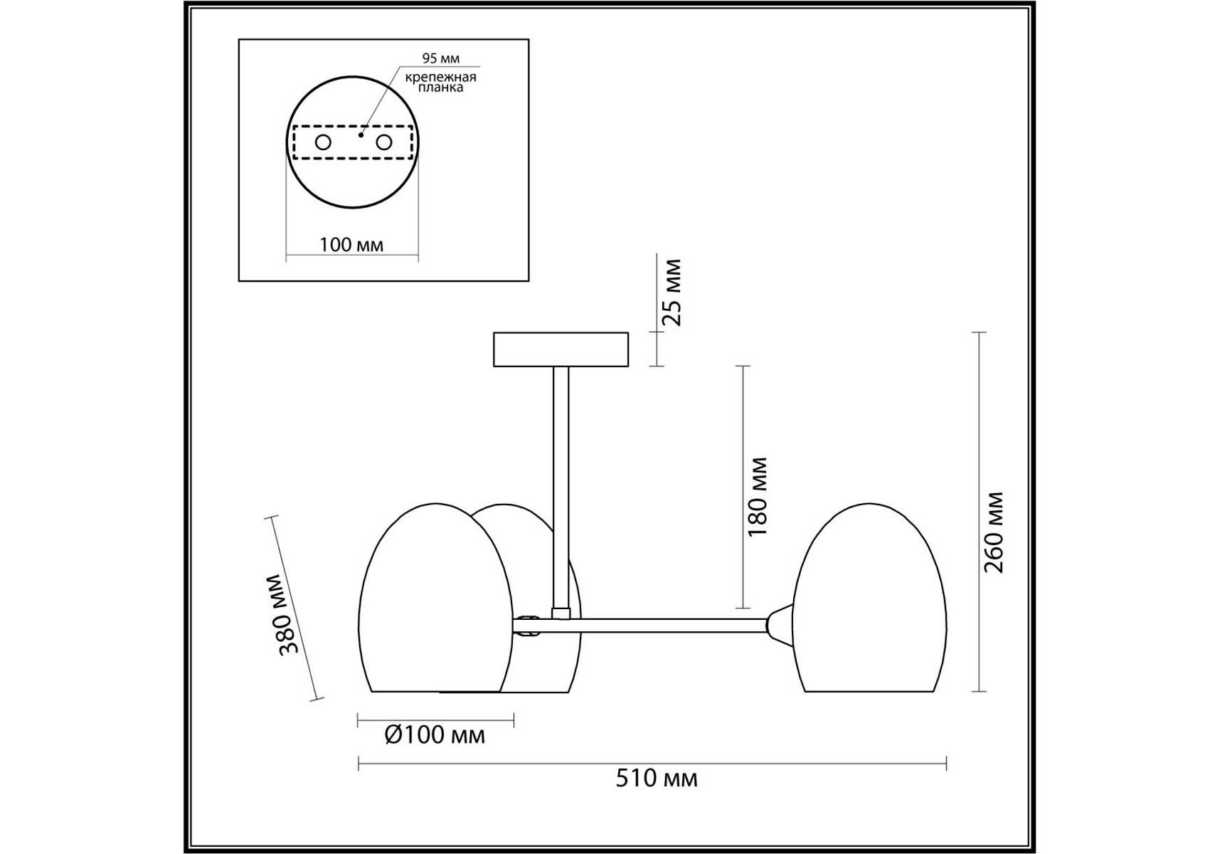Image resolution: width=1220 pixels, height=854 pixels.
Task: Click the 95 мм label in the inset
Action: (440, 58)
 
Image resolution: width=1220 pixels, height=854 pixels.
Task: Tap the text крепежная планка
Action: (440, 82)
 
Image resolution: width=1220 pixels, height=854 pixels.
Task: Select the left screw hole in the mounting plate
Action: (323, 142)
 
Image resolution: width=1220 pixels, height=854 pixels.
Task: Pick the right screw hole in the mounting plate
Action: (384, 142)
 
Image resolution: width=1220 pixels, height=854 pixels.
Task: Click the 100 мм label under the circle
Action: (351, 245)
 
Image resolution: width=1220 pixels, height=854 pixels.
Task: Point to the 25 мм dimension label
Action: (672, 292)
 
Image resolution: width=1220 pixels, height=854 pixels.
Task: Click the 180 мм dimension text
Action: (758, 497)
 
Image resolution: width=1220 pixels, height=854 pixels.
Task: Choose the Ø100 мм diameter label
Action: (435, 734)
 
